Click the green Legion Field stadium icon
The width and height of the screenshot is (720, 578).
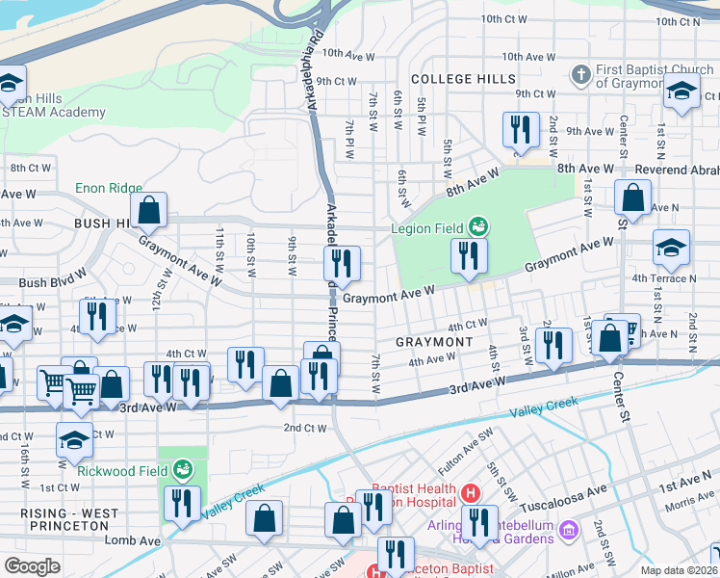point(478,228)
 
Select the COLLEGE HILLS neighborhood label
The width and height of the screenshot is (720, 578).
point(463,78)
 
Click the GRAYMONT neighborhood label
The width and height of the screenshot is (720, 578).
point(434,342)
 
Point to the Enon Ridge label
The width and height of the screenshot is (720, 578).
point(109,189)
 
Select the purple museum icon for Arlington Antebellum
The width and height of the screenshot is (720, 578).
point(568,530)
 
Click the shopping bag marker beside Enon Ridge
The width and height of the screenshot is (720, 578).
point(150,208)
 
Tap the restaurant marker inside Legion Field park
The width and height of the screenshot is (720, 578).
point(469,255)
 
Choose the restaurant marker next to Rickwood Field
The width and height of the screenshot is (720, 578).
point(180,502)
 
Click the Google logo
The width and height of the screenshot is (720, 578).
point(32,566)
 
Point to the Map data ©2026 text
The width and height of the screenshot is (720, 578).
point(678,570)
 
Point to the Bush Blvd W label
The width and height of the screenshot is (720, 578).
point(45,283)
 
